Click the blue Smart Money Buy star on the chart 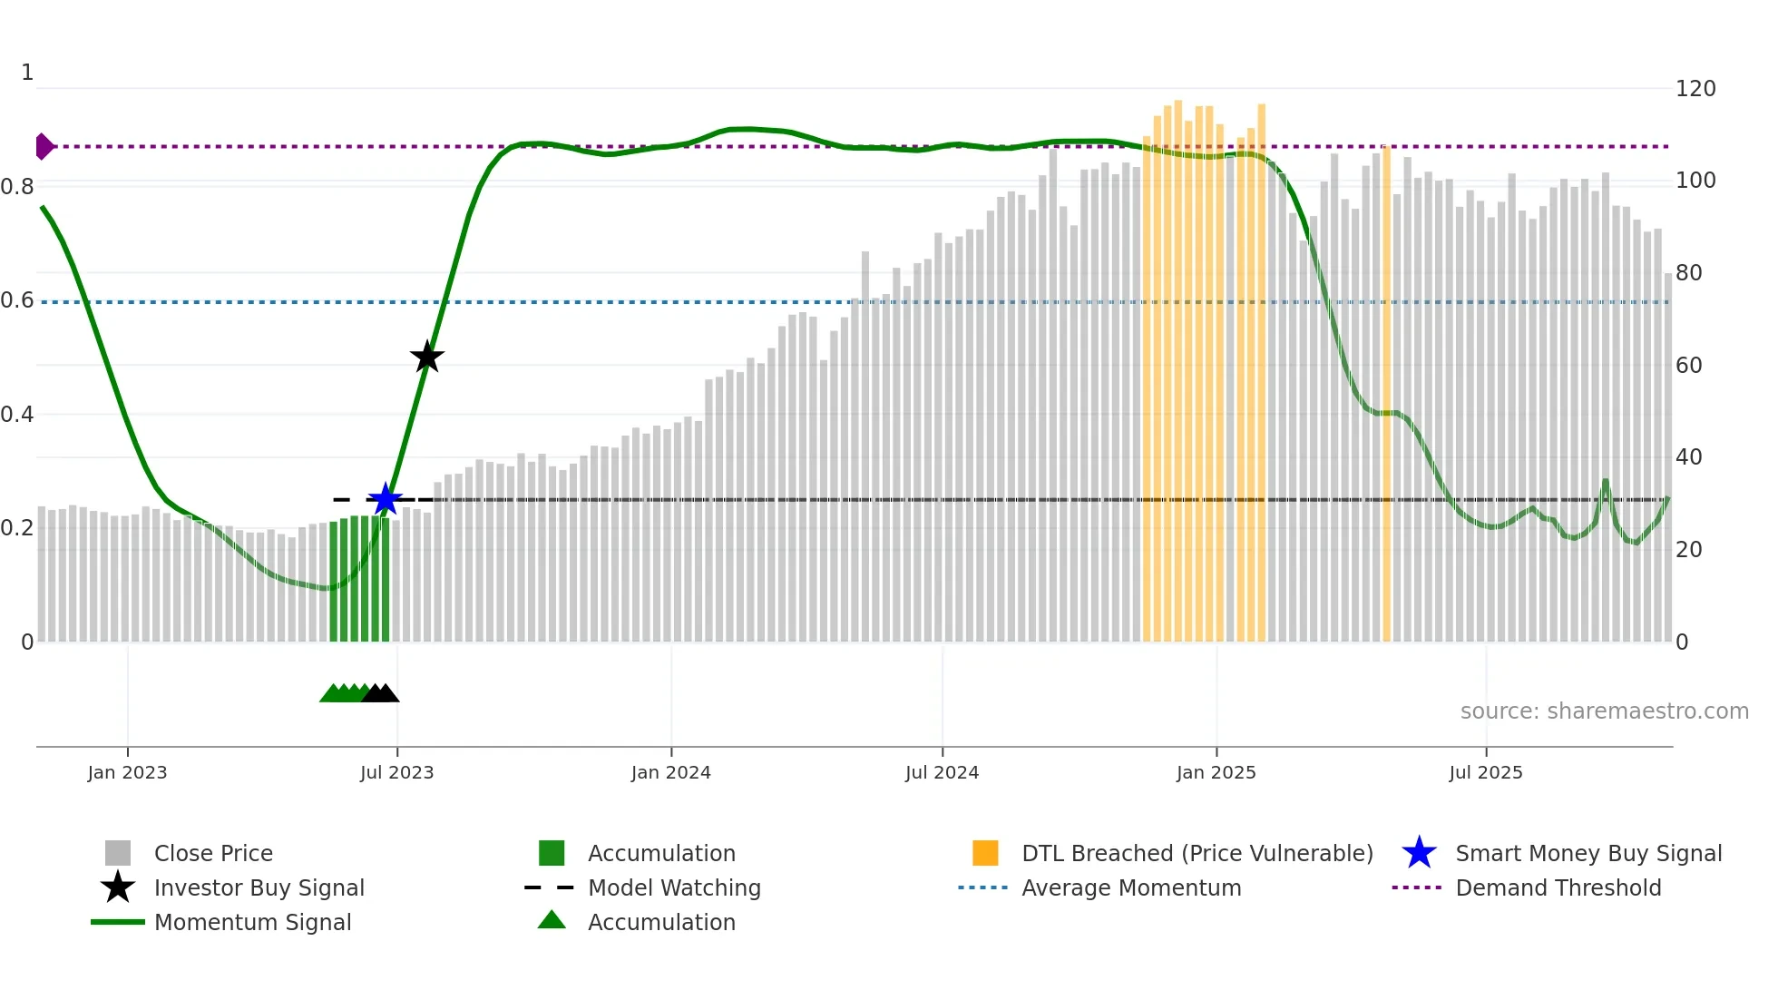pyautogui.click(x=386, y=499)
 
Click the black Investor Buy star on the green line pyautogui.click(x=426, y=357)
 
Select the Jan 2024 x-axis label pyautogui.click(x=670, y=772)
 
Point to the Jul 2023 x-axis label pyautogui.click(x=396, y=772)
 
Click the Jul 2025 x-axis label pyautogui.click(x=1485, y=772)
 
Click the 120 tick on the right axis pyautogui.click(x=1695, y=89)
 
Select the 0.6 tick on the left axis pyautogui.click(x=17, y=300)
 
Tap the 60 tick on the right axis pyautogui.click(x=1688, y=365)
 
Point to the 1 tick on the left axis pyautogui.click(x=27, y=73)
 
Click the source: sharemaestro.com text pyautogui.click(x=1604, y=711)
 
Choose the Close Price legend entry pyautogui.click(x=213, y=853)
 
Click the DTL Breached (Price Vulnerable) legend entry pyautogui.click(x=1197, y=853)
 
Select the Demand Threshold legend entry pyautogui.click(x=1558, y=887)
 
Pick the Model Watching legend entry pyautogui.click(x=674, y=887)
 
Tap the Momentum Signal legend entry pyautogui.click(x=252, y=922)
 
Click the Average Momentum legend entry pyautogui.click(x=1130, y=887)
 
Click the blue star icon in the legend pyautogui.click(x=1419, y=853)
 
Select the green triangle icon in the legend pyautogui.click(x=552, y=920)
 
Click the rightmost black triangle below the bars pyautogui.click(x=387, y=694)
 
